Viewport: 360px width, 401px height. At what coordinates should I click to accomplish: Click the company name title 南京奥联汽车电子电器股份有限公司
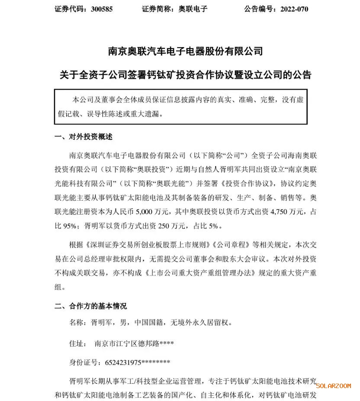click(x=185, y=51)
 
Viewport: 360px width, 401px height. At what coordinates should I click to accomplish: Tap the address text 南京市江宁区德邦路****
click(x=135, y=344)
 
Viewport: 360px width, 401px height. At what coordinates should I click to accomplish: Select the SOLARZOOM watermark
click(x=333, y=386)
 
